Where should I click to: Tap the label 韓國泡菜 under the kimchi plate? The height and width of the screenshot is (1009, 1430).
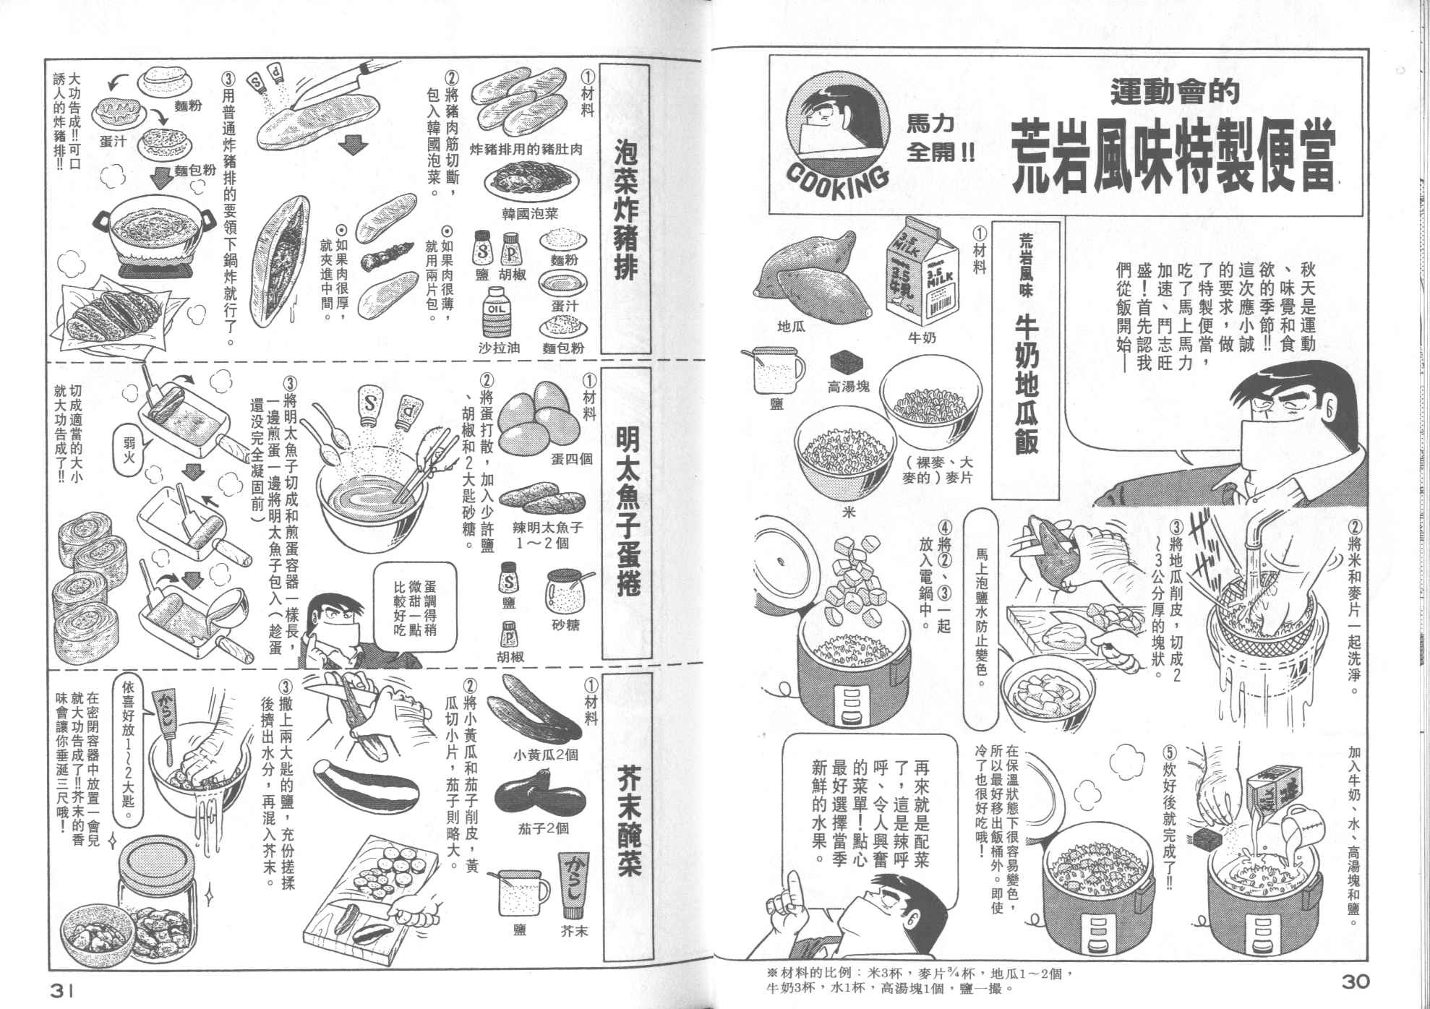pyautogui.click(x=530, y=214)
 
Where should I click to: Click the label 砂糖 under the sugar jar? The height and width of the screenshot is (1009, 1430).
pyautogui.click(x=565, y=624)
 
